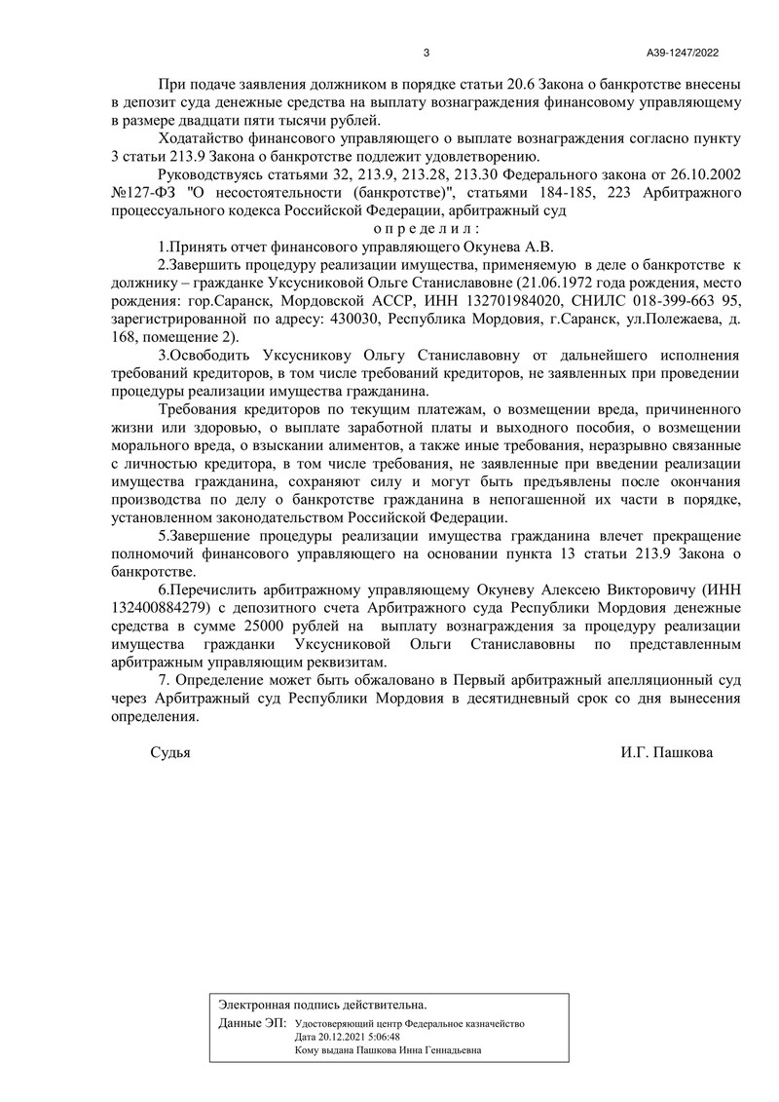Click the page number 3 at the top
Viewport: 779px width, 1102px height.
(427, 53)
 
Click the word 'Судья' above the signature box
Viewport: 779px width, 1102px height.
(170, 752)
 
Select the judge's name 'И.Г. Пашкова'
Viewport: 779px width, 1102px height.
(665, 752)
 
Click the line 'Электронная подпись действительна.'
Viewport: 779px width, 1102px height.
(322, 1004)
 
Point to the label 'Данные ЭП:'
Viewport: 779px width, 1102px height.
(253, 1024)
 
